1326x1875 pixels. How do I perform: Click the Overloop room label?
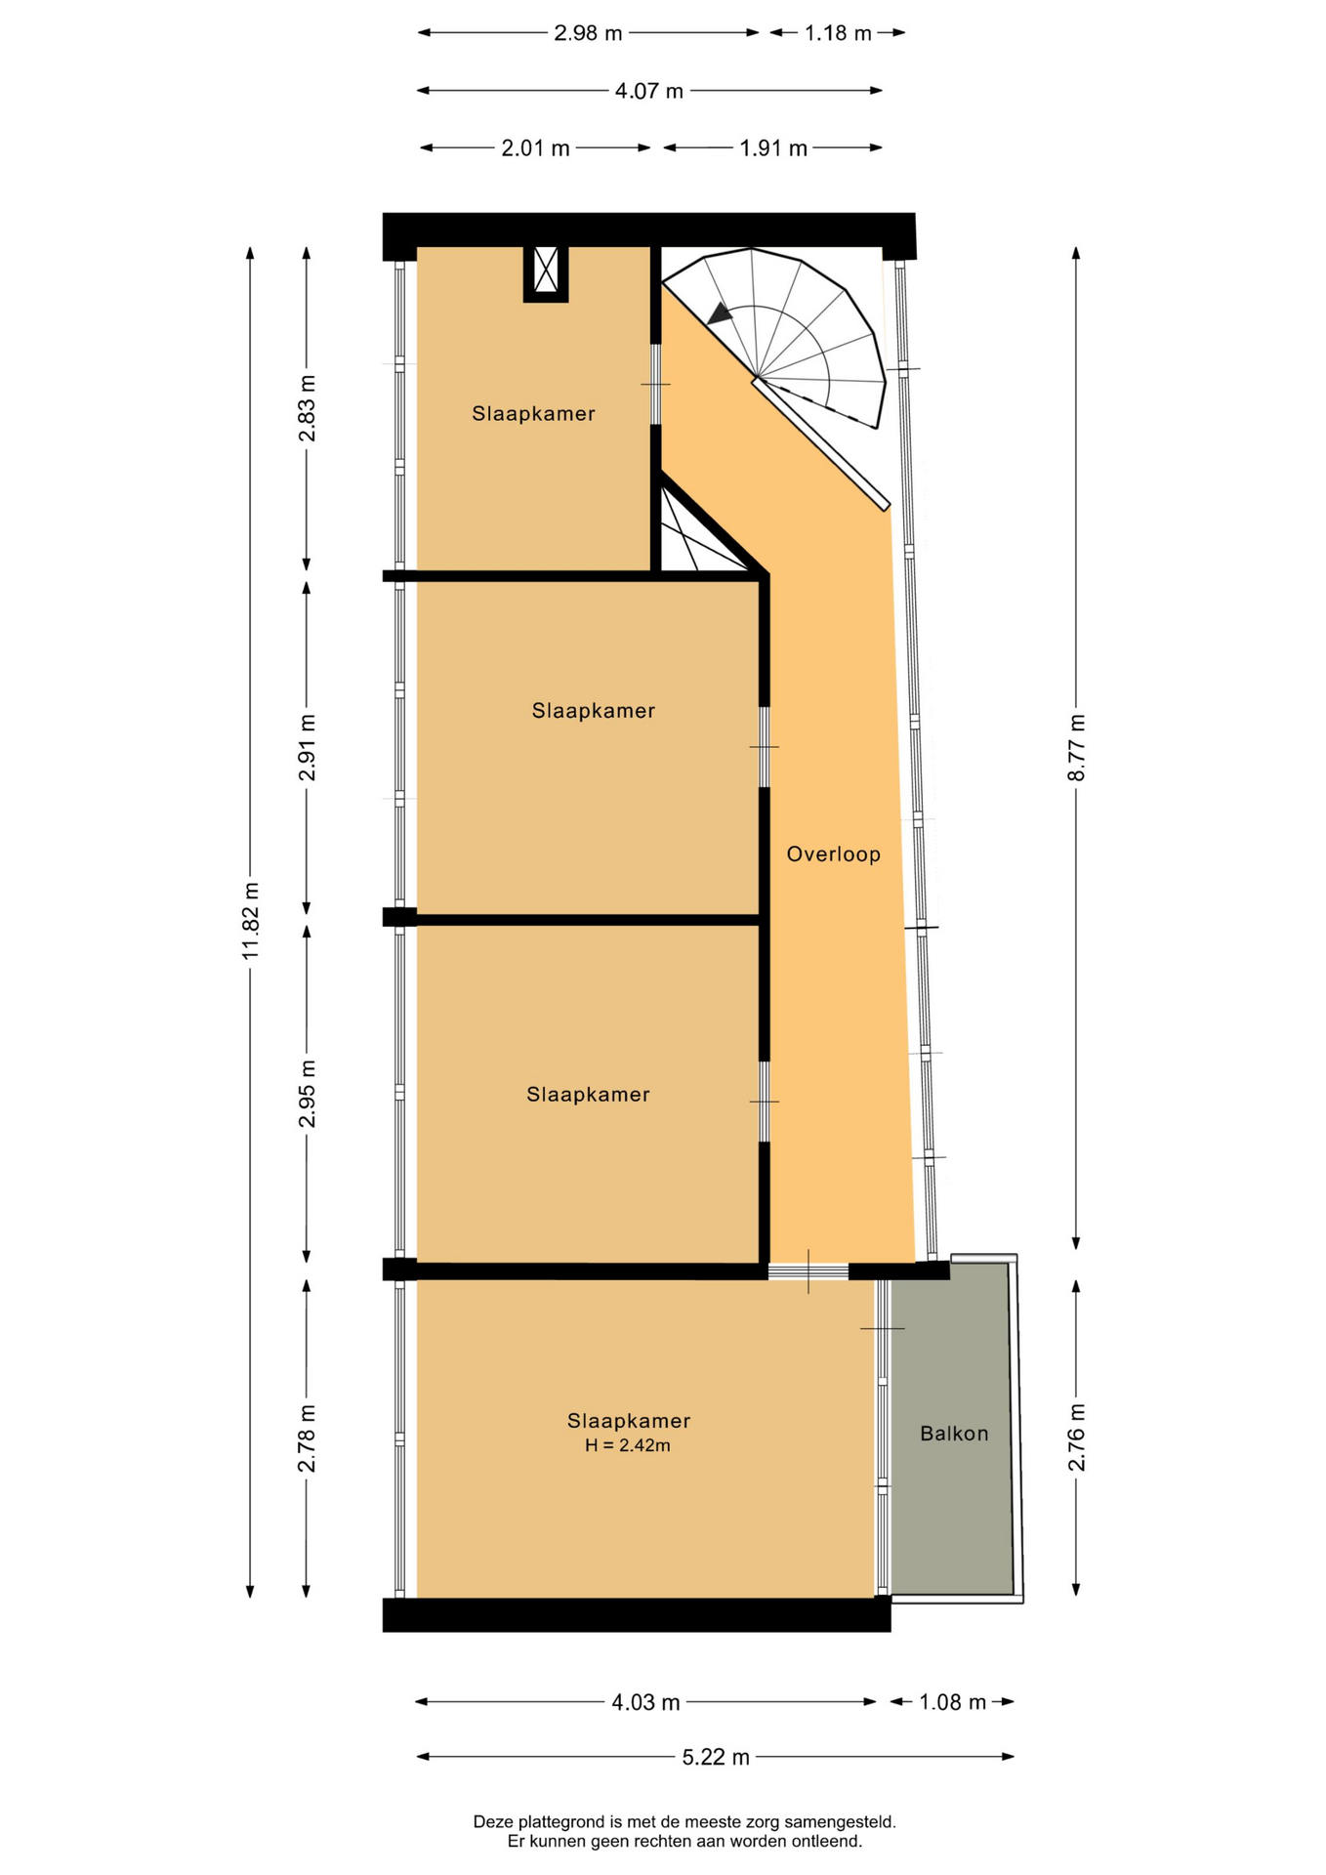pos(833,854)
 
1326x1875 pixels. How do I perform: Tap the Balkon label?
pos(954,1434)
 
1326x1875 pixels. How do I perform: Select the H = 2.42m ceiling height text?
pos(628,1445)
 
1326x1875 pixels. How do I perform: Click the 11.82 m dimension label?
pos(251,921)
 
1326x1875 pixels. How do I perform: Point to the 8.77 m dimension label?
pos(1076,747)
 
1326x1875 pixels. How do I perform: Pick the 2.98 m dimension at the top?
pos(588,33)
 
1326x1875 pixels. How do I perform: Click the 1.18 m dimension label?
pos(838,33)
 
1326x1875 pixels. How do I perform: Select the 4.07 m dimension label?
pos(649,91)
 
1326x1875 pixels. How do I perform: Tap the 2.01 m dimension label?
pos(535,148)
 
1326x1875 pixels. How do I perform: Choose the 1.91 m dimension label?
pos(773,148)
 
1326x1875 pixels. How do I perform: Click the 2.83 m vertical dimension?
pos(307,408)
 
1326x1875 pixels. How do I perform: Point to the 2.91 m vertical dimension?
pos(307,748)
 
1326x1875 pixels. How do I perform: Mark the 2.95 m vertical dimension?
pos(307,1094)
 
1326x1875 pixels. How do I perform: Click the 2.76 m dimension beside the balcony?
pos(1076,1437)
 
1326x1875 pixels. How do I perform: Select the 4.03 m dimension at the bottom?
pos(645,1702)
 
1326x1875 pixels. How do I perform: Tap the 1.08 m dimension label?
pos(952,1702)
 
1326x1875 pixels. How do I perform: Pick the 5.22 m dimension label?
pos(716,1757)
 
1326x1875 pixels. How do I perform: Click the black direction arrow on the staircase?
pos(721,313)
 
